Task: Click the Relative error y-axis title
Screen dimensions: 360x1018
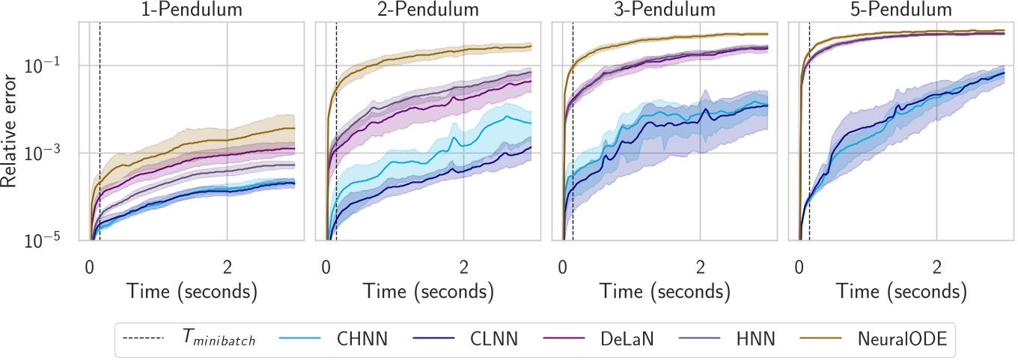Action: click(x=12, y=131)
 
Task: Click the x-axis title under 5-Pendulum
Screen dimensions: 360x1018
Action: click(x=900, y=290)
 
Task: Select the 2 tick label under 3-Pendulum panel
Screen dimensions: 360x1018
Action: click(x=700, y=266)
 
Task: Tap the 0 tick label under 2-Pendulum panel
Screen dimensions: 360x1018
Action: click(x=326, y=266)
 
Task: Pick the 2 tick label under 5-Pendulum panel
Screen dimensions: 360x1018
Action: click(x=936, y=266)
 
